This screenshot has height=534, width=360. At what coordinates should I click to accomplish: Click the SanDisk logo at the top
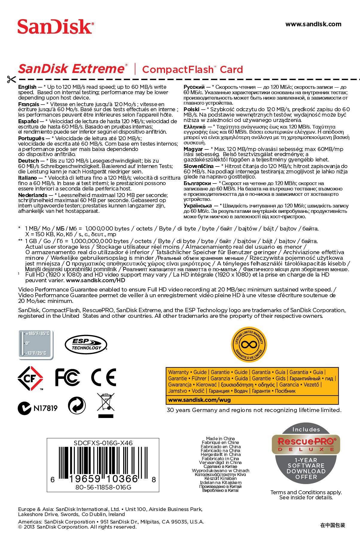[56, 27]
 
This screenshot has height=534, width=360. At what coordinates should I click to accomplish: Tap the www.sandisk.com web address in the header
[313, 24]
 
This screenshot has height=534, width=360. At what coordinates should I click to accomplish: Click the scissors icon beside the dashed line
[11, 80]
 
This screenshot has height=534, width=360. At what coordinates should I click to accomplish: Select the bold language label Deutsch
[28, 161]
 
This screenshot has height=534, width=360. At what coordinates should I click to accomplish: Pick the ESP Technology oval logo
[86, 345]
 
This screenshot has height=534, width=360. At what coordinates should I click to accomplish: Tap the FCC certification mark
[68, 377]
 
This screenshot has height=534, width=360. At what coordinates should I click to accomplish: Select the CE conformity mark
[103, 377]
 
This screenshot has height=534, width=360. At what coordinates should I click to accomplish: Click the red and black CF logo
[30, 378]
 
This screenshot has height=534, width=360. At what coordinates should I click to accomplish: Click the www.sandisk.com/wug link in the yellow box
[199, 400]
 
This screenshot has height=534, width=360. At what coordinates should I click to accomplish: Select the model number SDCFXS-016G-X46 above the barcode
[103, 443]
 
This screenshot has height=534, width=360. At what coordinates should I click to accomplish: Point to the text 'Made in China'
[220, 439]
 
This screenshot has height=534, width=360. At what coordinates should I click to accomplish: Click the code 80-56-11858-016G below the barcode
[103, 487]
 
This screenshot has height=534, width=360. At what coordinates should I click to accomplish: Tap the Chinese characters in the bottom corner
[332, 525]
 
